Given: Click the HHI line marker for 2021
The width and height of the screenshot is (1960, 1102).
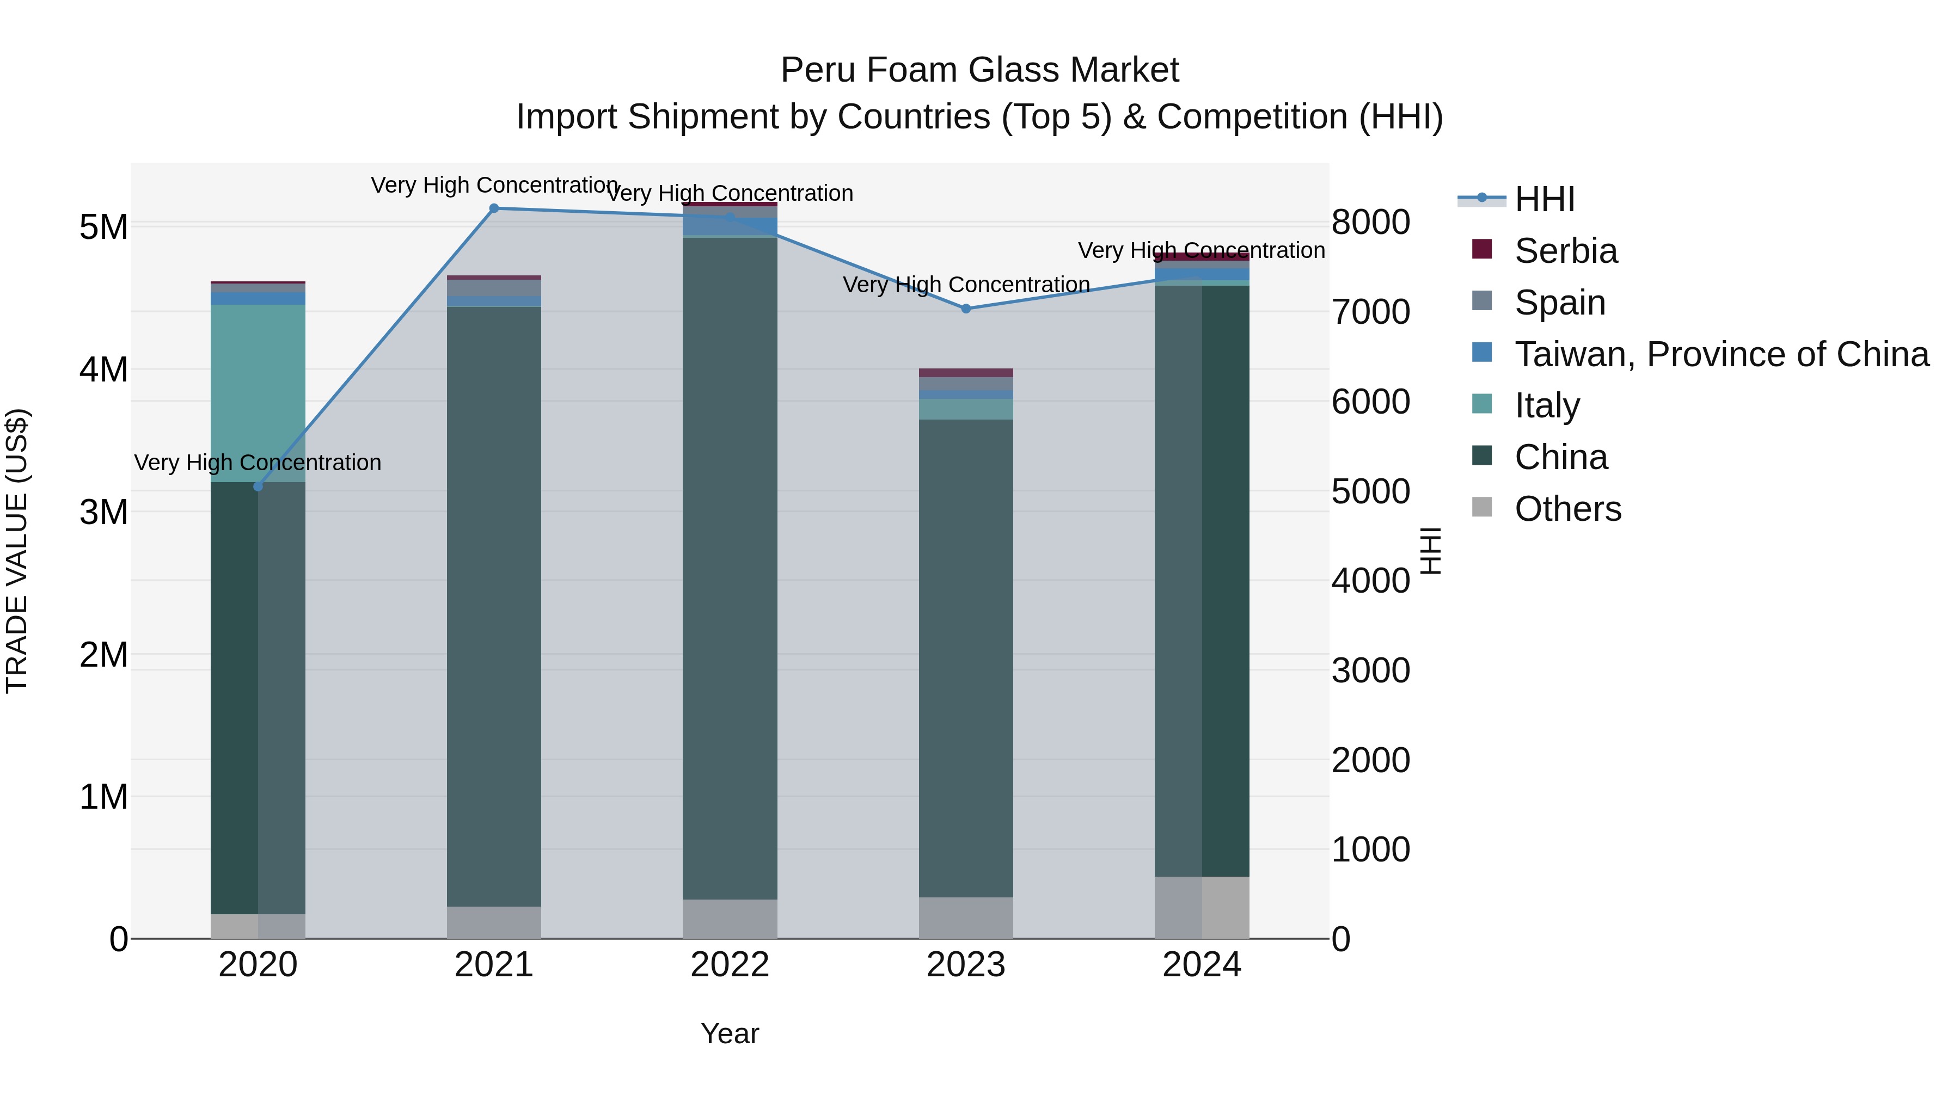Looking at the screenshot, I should point(494,208).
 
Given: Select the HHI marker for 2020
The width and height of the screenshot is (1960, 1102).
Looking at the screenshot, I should point(258,487).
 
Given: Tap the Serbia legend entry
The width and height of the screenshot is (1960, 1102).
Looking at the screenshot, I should point(1565,251).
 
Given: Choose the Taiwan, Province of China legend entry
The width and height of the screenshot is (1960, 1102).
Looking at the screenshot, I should point(1721,354).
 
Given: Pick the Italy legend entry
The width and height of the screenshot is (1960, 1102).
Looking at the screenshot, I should point(1546,405).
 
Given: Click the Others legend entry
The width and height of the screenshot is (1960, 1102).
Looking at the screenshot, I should point(1567,509).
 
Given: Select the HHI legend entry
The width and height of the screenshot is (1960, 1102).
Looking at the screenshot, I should point(1544,199).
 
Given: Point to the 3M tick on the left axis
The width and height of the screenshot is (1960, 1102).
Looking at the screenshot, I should point(103,512).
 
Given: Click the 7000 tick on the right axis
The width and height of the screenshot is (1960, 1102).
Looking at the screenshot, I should point(1370,312).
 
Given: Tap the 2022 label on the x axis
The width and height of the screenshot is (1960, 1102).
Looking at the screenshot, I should point(730,965).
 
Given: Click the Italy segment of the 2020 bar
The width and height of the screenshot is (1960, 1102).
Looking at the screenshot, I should point(258,393).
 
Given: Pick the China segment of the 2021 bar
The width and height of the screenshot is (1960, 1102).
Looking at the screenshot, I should point(494,606).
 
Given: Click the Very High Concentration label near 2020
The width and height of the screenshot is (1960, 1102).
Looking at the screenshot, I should point(258,463).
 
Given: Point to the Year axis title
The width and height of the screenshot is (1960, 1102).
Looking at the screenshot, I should point(730,1033).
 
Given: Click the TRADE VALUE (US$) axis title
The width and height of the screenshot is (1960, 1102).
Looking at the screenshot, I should point(17,551).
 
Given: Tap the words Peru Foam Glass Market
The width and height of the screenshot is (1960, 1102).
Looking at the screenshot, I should point(979,70).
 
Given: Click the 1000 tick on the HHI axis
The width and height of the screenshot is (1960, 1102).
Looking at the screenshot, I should point(1370,849).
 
